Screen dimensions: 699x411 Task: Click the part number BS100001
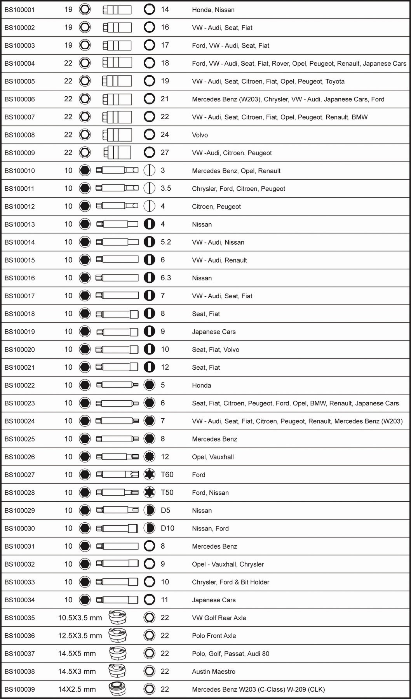tap(19, 10)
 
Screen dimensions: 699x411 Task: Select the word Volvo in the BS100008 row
tap(200, 135)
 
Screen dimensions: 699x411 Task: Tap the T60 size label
tap(167, 475)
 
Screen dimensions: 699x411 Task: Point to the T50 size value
tap(167, 492)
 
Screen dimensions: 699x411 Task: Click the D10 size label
tap(167, 528)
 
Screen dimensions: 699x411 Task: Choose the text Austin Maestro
tap(213, 671)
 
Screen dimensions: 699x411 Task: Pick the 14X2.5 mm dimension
tap(77, 689)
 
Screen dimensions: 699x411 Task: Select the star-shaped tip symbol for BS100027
tap(149, 474)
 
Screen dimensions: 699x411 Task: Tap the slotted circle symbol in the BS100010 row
tap(149, 170)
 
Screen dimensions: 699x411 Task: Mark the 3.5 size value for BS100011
tap(166, 188)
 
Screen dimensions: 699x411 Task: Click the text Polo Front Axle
tap(214, 636)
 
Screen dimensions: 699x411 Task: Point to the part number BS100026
tap(19, 457)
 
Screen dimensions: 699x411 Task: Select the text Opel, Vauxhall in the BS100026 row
tap(212, 457)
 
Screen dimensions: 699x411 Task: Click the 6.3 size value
tap(166, 278)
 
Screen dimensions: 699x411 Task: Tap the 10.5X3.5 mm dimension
tap(80, 618)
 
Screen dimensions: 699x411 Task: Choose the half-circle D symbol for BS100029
tap(149, 510)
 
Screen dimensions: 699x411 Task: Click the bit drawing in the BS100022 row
tap(117, 385)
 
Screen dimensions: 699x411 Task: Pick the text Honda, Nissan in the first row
tap(213, 10)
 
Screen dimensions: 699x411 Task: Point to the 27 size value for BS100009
tap(165, 152)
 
